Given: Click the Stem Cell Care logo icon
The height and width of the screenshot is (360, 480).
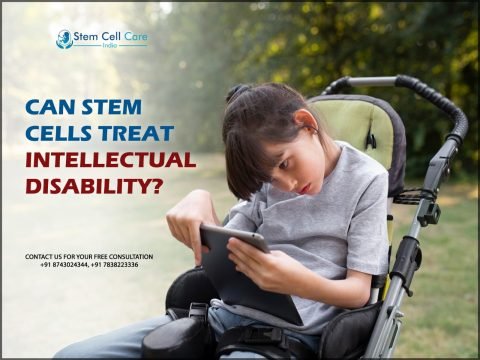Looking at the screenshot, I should point(65,39).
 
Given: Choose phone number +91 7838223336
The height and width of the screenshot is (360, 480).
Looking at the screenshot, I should point(114,265).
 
